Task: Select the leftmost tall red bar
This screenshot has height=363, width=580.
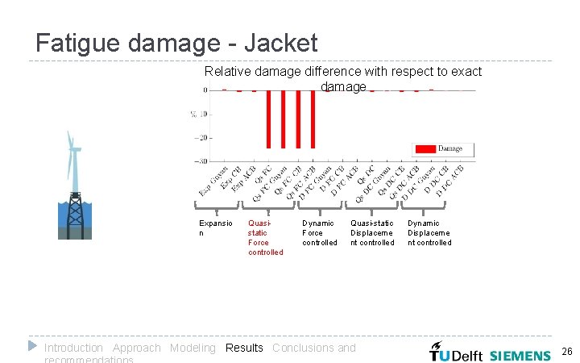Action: pos(268,119)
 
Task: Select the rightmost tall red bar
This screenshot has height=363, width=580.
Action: pos(313,119)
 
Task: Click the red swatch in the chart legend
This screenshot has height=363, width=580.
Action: pos(425,148)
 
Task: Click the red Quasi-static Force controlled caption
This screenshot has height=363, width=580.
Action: pos(265,238)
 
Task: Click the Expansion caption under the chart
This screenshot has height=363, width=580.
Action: pos(215,227)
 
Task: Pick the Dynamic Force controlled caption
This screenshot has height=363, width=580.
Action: pos(319,232)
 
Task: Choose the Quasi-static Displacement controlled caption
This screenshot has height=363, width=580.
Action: pos(372,232)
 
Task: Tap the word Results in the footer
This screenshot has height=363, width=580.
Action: pos(244,348)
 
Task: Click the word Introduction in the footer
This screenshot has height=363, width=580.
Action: pos(73,348)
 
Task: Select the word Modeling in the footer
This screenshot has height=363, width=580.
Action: pos(193,348)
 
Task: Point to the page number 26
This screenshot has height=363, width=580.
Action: pos(566,352)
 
